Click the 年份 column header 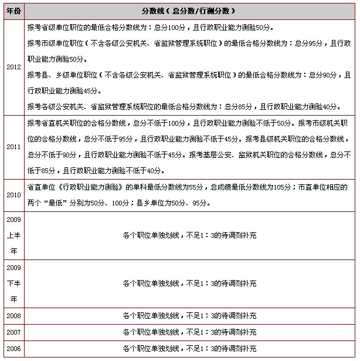pyautogui.click(x=13, y=11)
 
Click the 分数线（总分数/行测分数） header pyautogui.click(x=189, y=11)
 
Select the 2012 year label pyautogui.click(x=13, y=67)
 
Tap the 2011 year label pyautogui.click(x=13, y=147)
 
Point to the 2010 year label pyautogui.click(x=13, y=195)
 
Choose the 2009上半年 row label pyautogui.click(x=13, y=235)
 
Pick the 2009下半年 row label pyautogui.click(x=13, y=284)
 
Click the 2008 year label pyautogui.click(x=13, y=316)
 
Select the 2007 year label pyautogui.click(x=13, y=332)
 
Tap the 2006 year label pyautogui.click(x=13, y=349)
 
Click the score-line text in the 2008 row pyautogui.click(x=189, y=316)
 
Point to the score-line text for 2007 pyautogui.click(x=189, y=332)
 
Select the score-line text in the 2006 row pyautogui.click(x=189, y=349)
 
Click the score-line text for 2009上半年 pyautogui.click(x=189, y=235)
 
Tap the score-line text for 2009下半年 pyautogui.click(x=189, y=284)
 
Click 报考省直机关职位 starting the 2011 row pyautogui.click(x=56, y=123)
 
